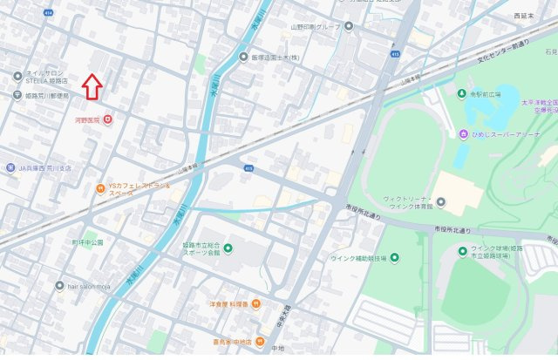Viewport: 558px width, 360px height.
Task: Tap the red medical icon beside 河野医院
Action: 108,119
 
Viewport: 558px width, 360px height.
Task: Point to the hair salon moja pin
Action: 59,285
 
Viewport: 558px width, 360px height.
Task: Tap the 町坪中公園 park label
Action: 87,242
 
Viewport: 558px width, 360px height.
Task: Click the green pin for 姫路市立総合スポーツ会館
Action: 228,250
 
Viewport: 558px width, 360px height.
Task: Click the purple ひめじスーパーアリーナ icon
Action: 464,133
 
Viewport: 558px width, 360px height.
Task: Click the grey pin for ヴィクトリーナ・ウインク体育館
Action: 440,203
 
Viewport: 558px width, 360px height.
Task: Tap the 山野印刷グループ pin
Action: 349,26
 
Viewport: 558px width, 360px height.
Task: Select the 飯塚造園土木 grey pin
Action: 244,57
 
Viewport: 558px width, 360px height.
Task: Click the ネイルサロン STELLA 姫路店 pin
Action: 17,77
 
